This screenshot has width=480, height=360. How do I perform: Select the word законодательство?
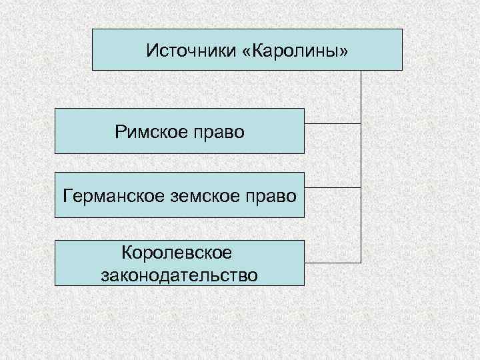pyautogui.click(x=179, y=274)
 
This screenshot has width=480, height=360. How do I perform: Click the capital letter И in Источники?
pyautogui.click(x=151, y=50)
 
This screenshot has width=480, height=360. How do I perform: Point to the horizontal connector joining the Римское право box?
pyautogui.click(x=333, y=123)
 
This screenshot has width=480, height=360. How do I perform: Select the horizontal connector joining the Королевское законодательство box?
pyautogui.click(x=333, y=261)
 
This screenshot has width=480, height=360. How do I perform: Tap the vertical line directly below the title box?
pyautogui.click(x=361, y=93)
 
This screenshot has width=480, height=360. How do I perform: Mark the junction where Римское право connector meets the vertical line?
pyautogui.click(x=361, y=123)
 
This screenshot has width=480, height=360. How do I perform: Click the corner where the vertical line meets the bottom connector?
pyautogui.click(x=361, y=261)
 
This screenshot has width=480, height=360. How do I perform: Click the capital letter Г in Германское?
pyautogui.click(x=67, y=195)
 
